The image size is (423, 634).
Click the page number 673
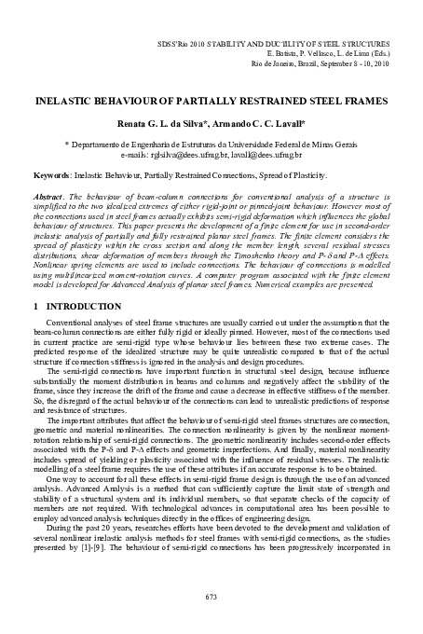click(211, 596)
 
